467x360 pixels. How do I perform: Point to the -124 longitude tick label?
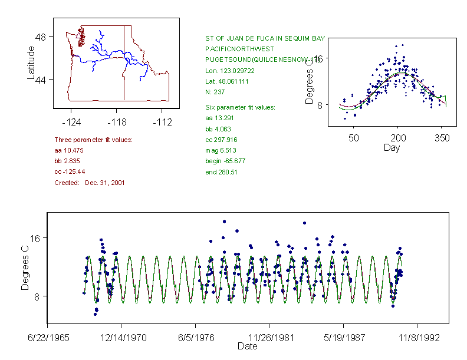coord(71,122)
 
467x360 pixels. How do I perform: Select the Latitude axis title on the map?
coord(31,63)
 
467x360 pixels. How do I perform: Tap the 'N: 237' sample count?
coord(215,92)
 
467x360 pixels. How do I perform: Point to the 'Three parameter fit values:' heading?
coord(93,140)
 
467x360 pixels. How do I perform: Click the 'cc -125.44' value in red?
coord(70,171)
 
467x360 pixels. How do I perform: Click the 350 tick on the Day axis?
coord(442,138)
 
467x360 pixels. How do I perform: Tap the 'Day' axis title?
coord(392,148)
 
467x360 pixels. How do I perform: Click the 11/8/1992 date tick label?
coord(417,338)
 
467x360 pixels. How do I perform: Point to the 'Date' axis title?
coord(247,346)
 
